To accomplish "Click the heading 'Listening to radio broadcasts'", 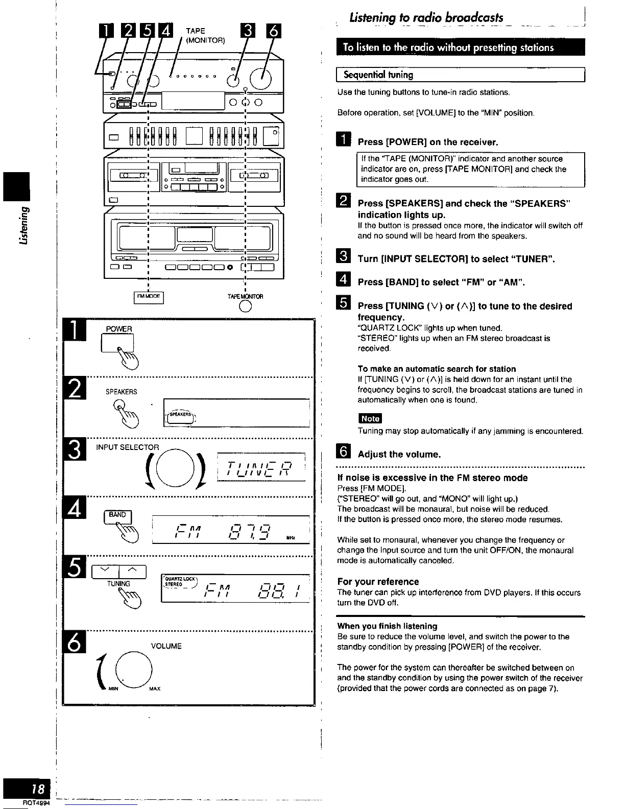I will (x=426, y=18).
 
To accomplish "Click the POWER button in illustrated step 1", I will (x=118, y=342).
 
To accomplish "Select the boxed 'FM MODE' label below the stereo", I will (x=148, y=296).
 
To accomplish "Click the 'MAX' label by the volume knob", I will (x=155, y=689).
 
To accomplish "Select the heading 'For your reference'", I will (x=378, y=582).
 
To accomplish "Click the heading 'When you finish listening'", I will (x=387, y=626).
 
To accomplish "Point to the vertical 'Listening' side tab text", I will (x=22, y=225).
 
